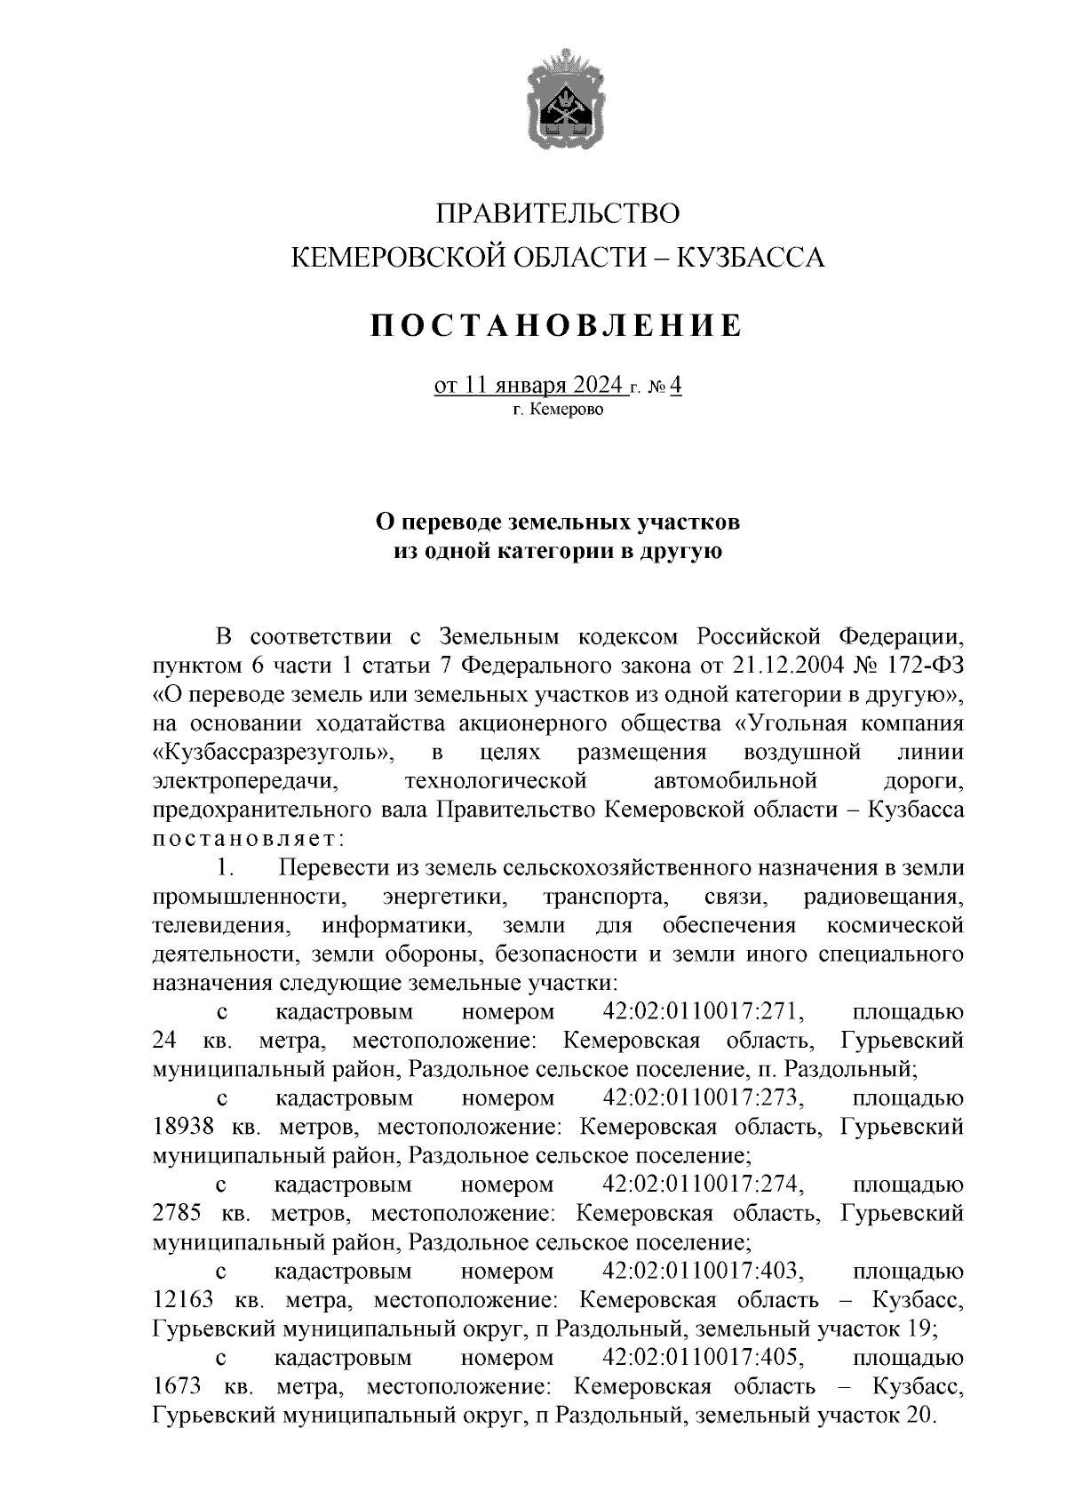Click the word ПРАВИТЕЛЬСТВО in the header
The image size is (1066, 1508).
pyautogui.click(x=559, y=214)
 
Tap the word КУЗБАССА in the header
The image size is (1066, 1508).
pyautogui.click(x=752, y=258)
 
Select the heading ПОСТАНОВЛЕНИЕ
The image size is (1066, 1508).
pyautogui.click(x=557, y=325)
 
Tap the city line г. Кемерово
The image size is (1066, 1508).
pyautogui.click(x=558, y=411)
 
